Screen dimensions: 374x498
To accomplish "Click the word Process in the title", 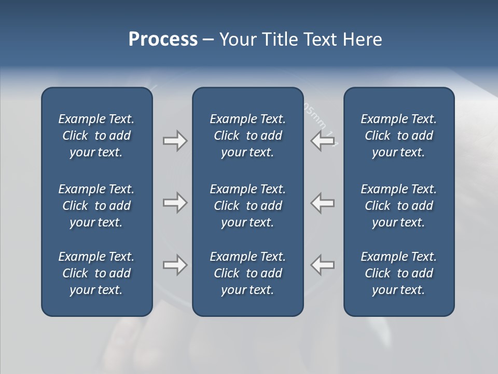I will (163, 39).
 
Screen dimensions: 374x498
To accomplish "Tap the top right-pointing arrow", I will (175, 140).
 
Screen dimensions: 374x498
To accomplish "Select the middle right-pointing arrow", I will (175, 203).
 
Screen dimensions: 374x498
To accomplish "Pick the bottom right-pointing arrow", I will (175, 265).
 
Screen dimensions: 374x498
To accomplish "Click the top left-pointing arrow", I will (322, 140).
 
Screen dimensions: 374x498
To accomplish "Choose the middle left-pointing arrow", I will (322, 203).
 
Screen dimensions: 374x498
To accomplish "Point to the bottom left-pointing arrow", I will (322, 265).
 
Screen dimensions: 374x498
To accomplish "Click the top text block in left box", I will (96, 136).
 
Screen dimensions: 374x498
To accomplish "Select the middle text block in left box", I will (96, 206).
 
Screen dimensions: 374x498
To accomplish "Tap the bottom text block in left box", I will (96, 273).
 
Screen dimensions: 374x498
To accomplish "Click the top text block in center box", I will (248, 136).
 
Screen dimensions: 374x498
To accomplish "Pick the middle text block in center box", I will (248, 206).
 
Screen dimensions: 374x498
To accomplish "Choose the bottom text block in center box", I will (248, 273).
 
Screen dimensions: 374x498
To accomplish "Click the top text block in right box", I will (399, 136).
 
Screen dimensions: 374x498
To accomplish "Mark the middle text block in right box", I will (399, 206).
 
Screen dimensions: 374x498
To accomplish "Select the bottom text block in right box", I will (399, 273).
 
